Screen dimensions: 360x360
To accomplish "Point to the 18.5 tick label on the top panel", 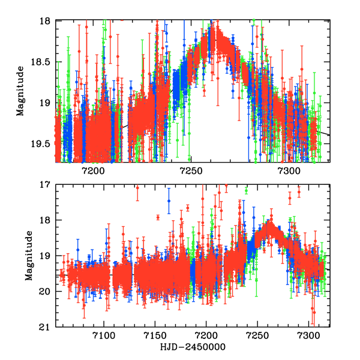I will coord(41,62).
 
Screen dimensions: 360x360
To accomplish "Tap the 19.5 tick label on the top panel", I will coord(41,143).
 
